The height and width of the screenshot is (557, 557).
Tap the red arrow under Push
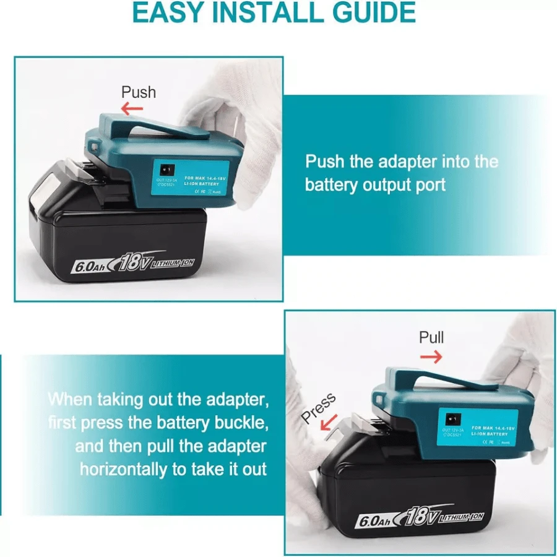pos(132,110)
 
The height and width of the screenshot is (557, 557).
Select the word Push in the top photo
pos(138,92)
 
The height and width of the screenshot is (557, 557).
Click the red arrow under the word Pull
pos(431,357)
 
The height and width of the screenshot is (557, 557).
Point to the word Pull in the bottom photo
pos(431,338)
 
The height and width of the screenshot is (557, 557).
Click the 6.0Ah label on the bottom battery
pos(376,520)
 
